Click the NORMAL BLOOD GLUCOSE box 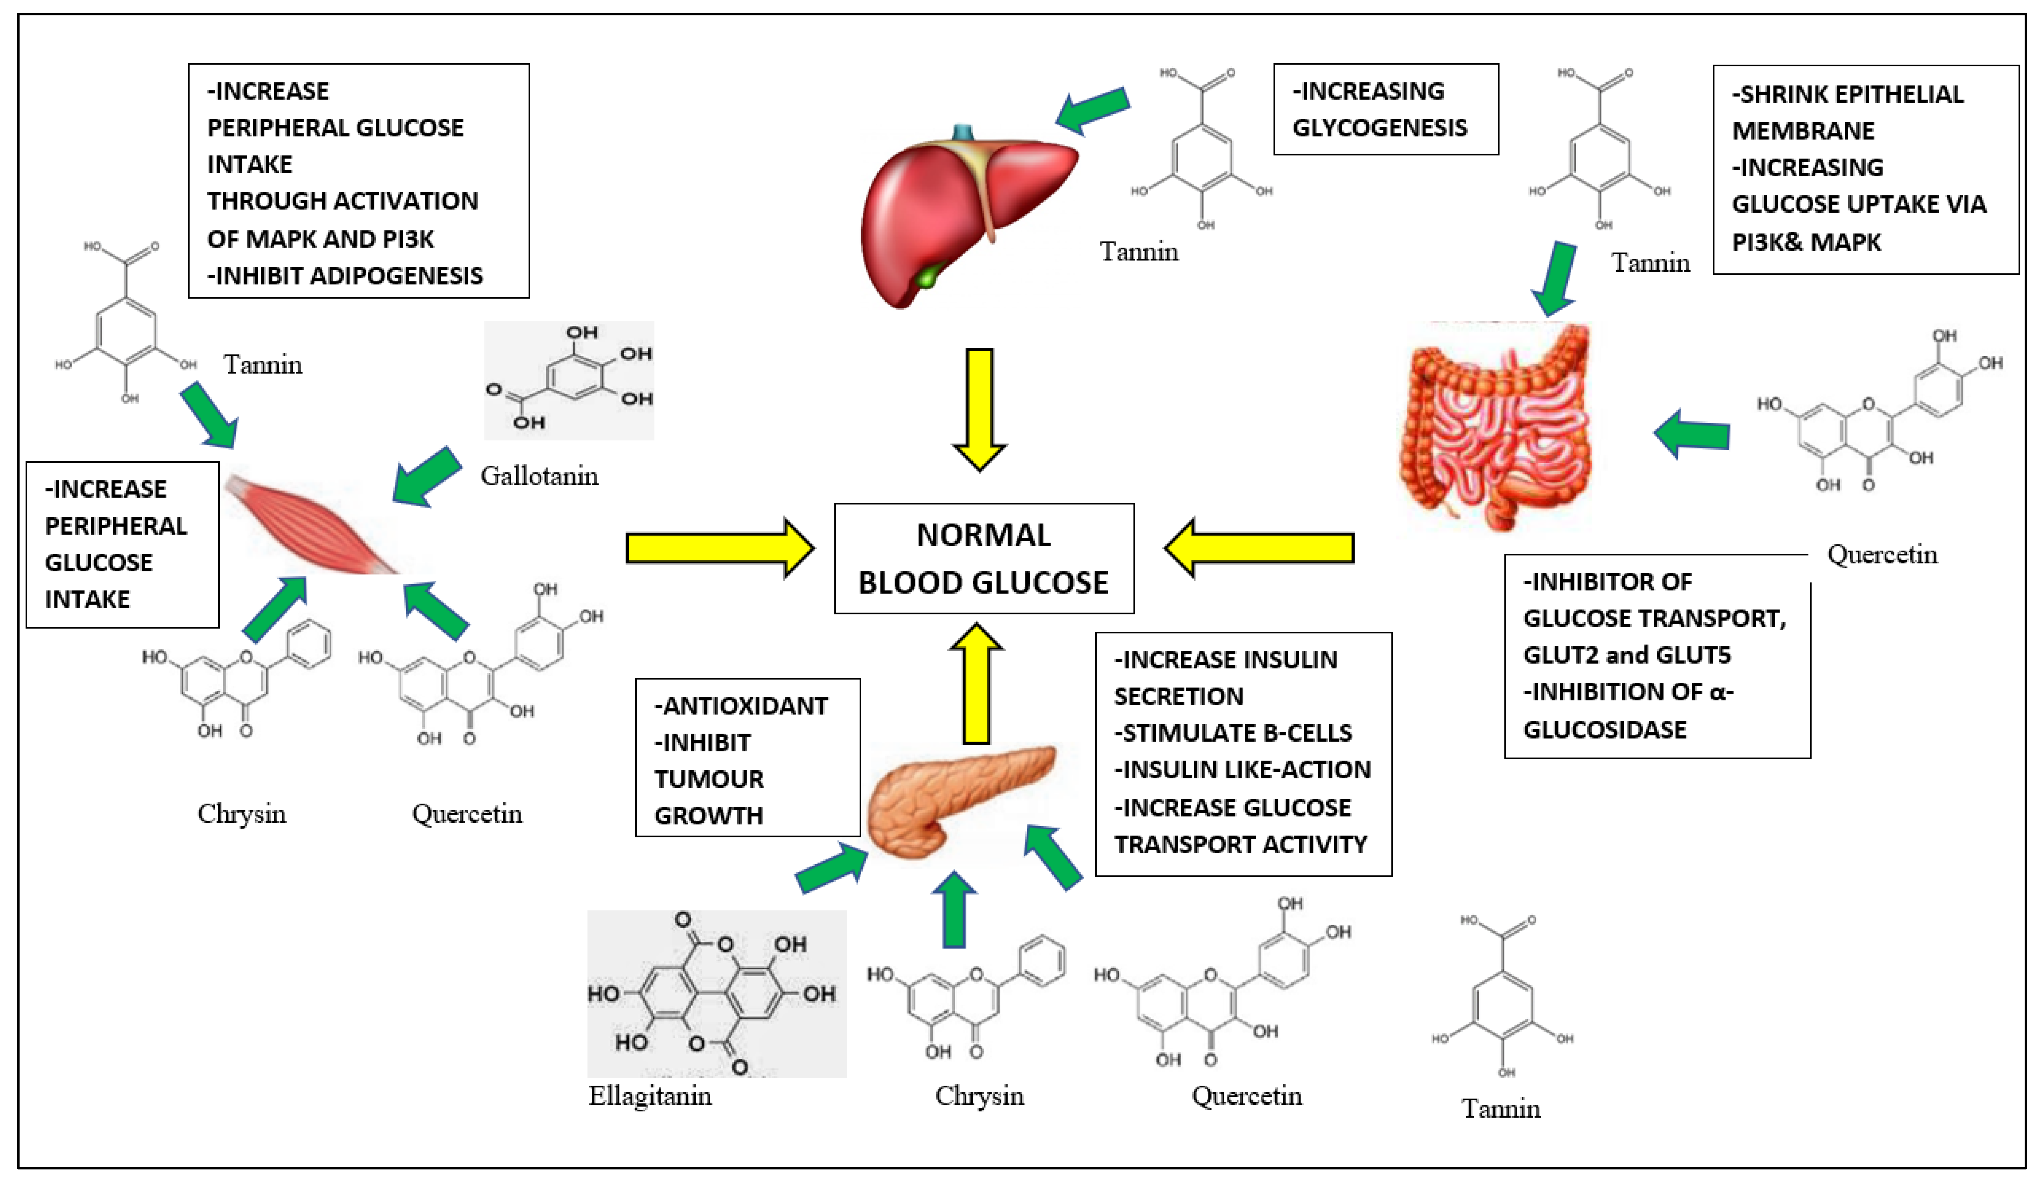[x=984, y=558]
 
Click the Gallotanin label [x=539, y=476]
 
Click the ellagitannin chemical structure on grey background [x=716, y=994]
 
